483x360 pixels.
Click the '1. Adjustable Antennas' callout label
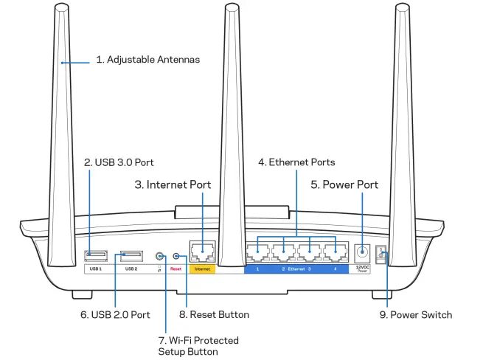pyautogui.click(x=148, y=58)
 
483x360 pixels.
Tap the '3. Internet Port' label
pyautogui.click(x=173, y=184)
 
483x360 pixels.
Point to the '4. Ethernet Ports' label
pyautogui.click(x=296, y=162)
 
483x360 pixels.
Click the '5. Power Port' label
pyautogui.click(x=344, y=184)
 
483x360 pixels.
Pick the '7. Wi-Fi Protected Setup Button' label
pyautogui.click(x=198, y=345)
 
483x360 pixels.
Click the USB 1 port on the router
pyautogui.click(x=96, y=255)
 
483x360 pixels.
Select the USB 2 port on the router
pyautogui.click(x=131, y=255)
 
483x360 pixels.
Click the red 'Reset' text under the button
pyautogui.click(x=176, y=270)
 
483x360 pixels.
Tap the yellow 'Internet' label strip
pyautogui.click(x=202, y=270)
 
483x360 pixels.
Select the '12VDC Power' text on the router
pyautogui.click(x=363, y=269)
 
